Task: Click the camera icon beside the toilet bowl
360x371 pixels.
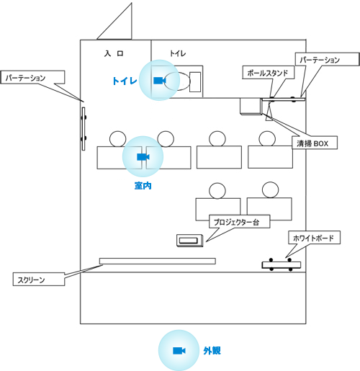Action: point(159,81)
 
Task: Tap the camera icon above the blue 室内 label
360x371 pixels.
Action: point(143,157)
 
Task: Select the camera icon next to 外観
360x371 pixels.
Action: point(179,351)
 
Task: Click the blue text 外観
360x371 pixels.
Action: point(212,351)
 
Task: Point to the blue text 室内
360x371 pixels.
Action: point(143,186)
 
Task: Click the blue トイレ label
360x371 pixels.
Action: point(125,81)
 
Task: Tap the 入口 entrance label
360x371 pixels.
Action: point(114,53)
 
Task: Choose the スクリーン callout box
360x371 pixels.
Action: point(39,279)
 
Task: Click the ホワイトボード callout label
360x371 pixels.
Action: point(314,238)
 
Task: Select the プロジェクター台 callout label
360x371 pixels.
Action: point(240,222)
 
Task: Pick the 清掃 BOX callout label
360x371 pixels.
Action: point(315,143)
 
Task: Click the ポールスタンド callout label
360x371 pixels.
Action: point(268,73)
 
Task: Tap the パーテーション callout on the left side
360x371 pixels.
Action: point(32,77)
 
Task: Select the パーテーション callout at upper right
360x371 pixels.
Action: point(327,59)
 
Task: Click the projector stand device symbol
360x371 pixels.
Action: point(190,241)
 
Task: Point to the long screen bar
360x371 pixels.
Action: point(158,261)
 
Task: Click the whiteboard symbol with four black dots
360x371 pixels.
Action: point(281,265)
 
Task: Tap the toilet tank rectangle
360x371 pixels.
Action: point(195,81)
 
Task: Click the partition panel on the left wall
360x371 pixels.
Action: point(84,129)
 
